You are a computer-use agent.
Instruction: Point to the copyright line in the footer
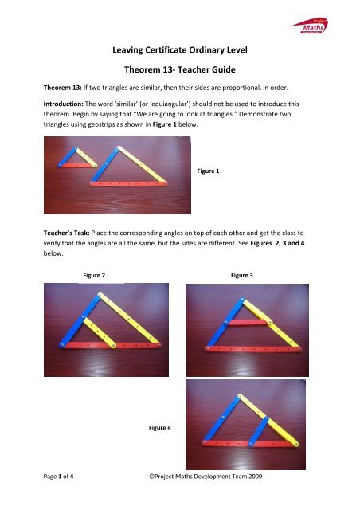click(x=211, y=475)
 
